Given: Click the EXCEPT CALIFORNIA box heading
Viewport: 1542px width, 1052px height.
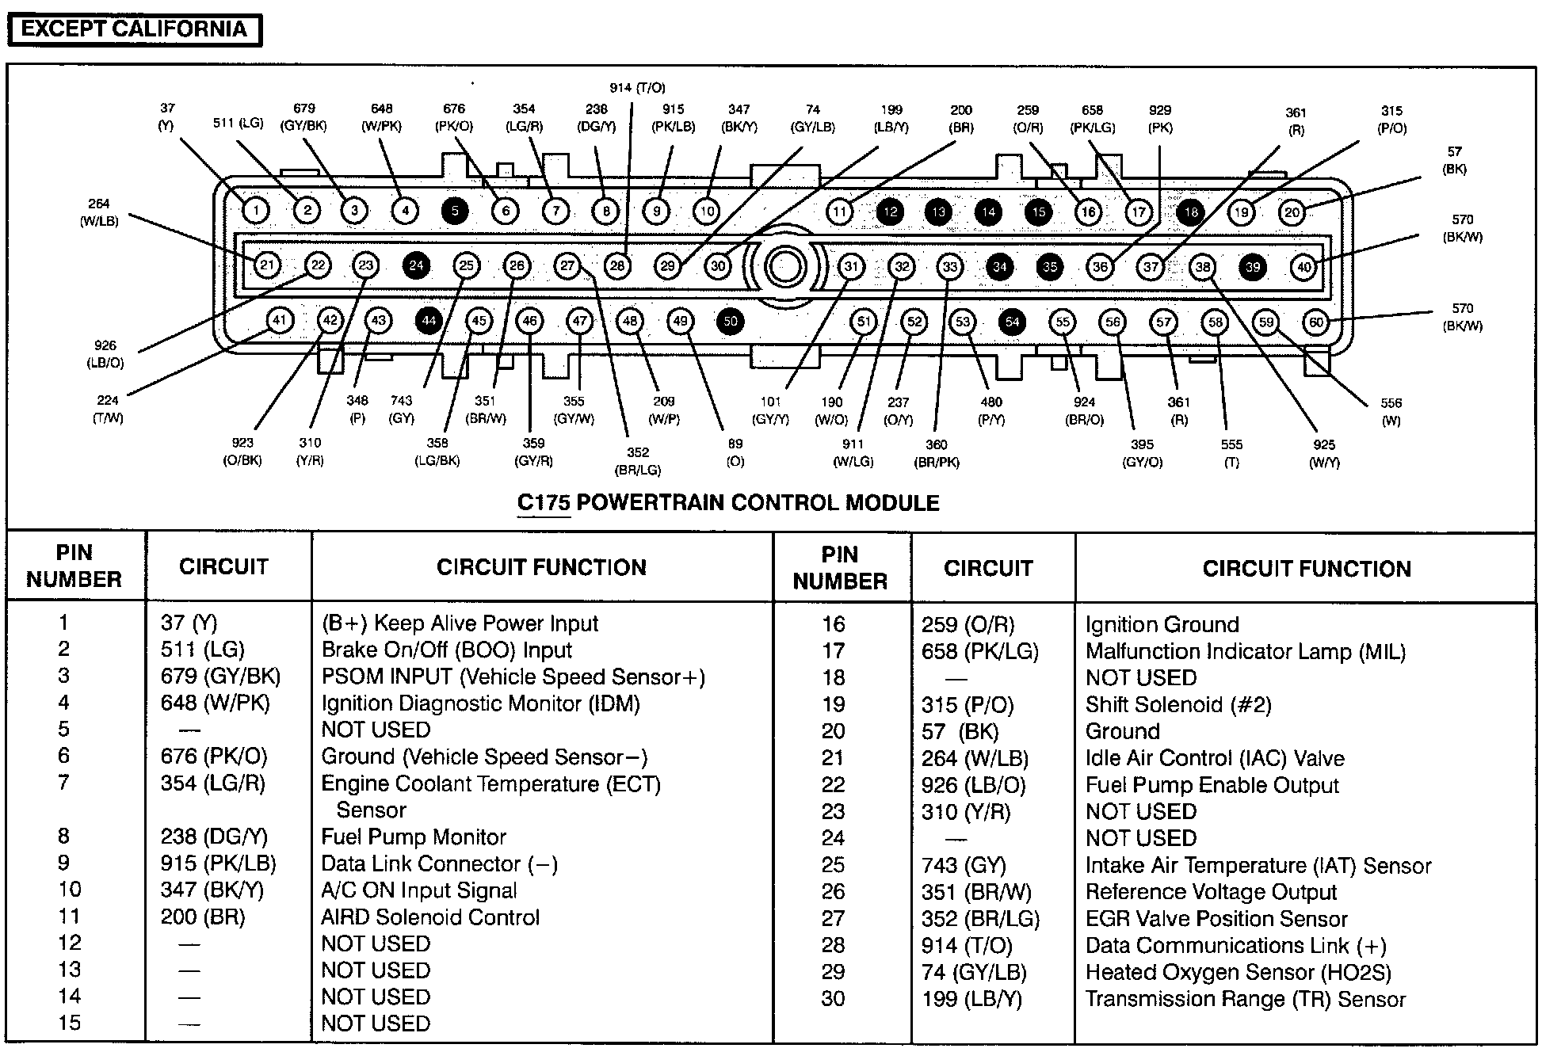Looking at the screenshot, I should coord(134,30).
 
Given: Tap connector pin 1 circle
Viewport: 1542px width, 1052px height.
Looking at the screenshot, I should coord(256,211).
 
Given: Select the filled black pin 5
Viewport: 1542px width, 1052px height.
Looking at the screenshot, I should coord(455,211).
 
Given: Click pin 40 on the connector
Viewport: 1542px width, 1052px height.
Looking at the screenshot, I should coord(1303,267).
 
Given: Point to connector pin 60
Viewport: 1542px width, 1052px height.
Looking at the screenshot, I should coord(1316,322).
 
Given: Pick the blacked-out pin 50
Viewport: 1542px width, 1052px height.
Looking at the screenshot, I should coord(731,321).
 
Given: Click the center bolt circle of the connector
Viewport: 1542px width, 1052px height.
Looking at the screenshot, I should coord(784,266).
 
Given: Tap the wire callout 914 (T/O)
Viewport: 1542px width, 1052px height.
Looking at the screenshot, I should coord(637,88).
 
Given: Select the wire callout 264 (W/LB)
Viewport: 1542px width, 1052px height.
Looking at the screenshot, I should coord(99,212).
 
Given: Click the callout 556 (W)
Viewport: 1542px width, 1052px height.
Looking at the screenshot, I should coord(1391,411).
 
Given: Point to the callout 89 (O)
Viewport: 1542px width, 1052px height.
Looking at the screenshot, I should coord(735,452).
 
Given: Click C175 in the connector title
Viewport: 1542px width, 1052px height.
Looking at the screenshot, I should coord(544,503).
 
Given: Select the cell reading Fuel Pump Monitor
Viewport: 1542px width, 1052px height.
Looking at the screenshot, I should coord(414,837).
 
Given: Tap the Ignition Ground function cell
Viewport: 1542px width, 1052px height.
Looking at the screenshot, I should coord(1162,624).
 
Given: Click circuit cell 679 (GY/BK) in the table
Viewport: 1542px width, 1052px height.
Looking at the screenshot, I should coord(220,677).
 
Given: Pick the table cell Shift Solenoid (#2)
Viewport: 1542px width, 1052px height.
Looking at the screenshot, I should coord(1177,704).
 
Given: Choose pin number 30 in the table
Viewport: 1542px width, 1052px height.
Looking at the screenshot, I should coord(833,998).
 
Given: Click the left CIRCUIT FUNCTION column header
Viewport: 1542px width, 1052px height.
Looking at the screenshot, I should coord(541,567).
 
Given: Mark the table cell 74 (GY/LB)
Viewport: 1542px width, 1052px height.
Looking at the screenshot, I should coord(974,972).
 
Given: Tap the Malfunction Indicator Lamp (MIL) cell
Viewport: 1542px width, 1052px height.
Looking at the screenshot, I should coord(1245,651).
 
